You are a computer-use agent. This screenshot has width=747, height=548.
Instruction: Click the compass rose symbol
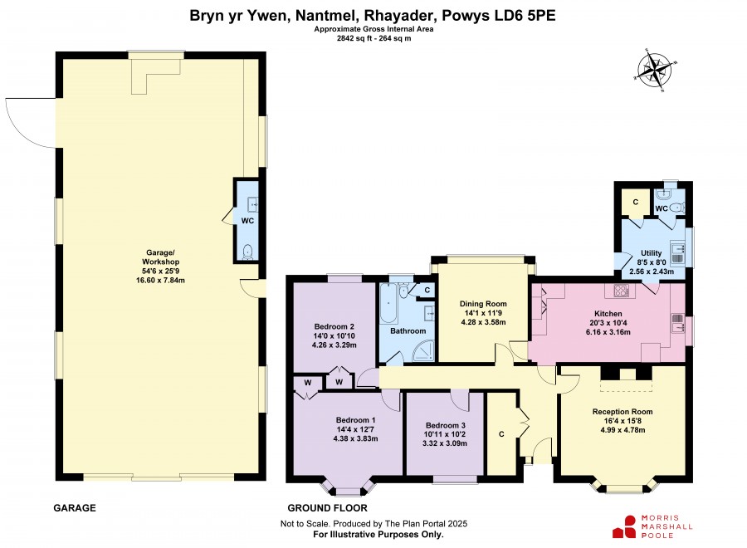point(657,70)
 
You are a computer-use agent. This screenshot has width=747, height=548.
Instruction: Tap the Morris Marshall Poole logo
point(652,526)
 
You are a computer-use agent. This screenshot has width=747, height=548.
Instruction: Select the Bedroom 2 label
point(334,326)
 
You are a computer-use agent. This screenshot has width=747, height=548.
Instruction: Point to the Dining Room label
point(483,304)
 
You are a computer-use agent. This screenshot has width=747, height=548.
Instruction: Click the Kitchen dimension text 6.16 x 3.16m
point(608,331)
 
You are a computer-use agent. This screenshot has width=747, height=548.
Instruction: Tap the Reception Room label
point(622,411)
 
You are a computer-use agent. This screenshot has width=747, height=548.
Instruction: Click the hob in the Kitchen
point(621,291)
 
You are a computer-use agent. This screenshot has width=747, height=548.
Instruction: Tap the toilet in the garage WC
point(247,252)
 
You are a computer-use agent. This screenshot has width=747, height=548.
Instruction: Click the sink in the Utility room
point(677,252)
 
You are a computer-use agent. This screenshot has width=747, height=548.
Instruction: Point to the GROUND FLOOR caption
point(327,508)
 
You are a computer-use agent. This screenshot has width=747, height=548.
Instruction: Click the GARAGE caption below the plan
point(75,508)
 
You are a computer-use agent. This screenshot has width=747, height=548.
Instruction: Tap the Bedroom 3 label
point(446,425)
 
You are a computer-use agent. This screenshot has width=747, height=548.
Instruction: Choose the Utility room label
point(652,253)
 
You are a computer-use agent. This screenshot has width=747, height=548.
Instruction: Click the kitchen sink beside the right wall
point(677,324)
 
